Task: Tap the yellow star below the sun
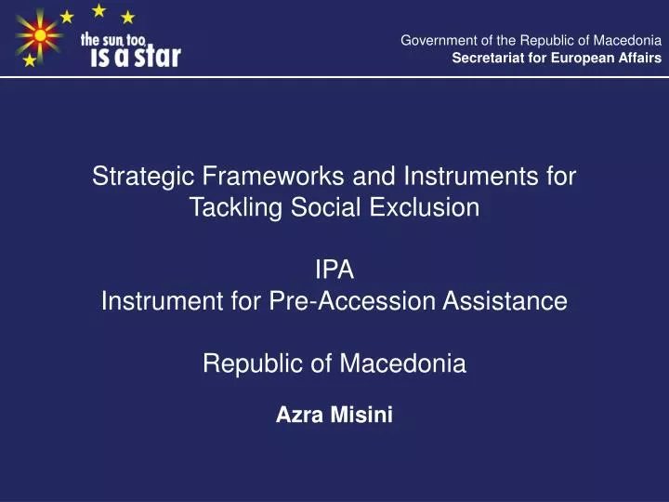(30, 60)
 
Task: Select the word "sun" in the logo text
(120, 39)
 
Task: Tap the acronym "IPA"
(334, 270)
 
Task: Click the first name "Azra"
(296, 416)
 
